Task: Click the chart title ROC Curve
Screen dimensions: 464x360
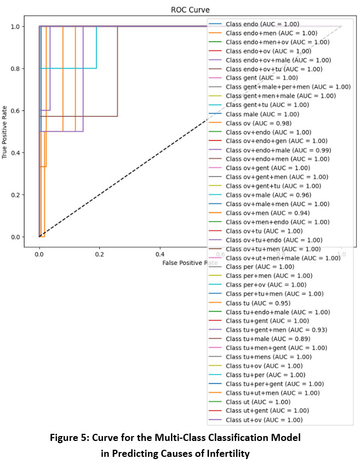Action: click(x=179, y=10)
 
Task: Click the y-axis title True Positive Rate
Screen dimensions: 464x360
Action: click(x=5, y=131)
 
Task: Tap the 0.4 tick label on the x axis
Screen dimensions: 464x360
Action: click(x=160, y=254)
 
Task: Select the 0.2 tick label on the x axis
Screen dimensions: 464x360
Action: click(x=99, y=254)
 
